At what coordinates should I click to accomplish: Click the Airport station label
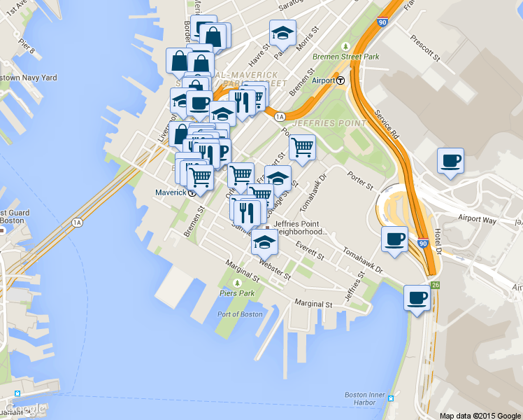click(x=323, y=80)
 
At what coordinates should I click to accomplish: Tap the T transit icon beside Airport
click(x=341, y=80)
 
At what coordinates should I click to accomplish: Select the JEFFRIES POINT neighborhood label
click(x=329, y=123)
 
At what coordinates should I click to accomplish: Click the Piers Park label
click(x=236, y=293)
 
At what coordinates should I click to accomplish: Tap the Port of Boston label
click(x=240, y=314)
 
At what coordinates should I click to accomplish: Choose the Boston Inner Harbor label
click(x=364, y=398)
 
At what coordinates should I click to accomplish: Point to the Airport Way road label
click(x=477, y=219)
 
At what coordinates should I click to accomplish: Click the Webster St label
click(x=274, y=268)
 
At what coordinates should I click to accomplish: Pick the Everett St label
click(x=311, y=248)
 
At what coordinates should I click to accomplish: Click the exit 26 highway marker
click(x=435, y=285)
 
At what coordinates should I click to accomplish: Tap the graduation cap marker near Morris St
click(x=282, y=33)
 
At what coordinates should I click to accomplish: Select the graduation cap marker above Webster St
click(x=264, y=242)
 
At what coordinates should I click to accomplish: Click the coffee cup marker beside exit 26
click(x=417, y=298)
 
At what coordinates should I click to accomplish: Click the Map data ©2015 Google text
click(x=480, y=415)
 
